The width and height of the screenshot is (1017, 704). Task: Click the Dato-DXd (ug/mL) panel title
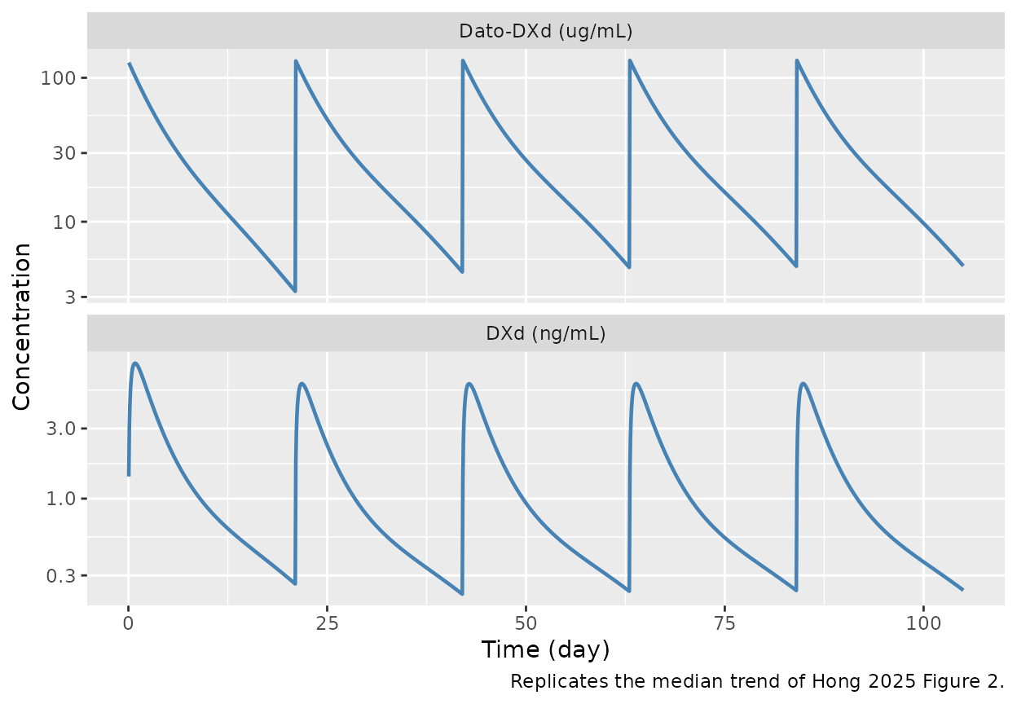tap(545, 32)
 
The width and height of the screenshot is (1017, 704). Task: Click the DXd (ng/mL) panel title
tap(545, 334)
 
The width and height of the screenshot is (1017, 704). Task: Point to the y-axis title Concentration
tap(22, 326)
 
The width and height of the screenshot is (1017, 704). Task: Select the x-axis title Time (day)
tap(545, 649)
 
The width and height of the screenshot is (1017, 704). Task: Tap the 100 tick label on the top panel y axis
tap(60, 78)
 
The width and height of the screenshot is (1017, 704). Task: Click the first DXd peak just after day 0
tap(135, 363)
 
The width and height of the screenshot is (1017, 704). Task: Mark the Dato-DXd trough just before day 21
tap(294, 290)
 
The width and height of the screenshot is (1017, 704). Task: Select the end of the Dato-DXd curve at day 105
tap(962, 265)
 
